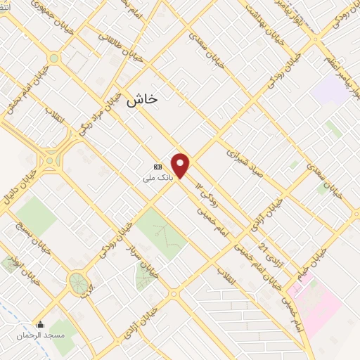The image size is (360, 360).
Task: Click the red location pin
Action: click(181, 165)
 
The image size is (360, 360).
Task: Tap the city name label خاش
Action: click(142, 101)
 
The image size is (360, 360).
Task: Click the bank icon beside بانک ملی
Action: click(157, 167)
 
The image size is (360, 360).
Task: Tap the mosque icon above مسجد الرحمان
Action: click(41, 325)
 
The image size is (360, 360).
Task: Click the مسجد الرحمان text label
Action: click(41, 335)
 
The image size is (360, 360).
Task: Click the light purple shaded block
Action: click(327, 90)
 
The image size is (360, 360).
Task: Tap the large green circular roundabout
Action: click(78, 283)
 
